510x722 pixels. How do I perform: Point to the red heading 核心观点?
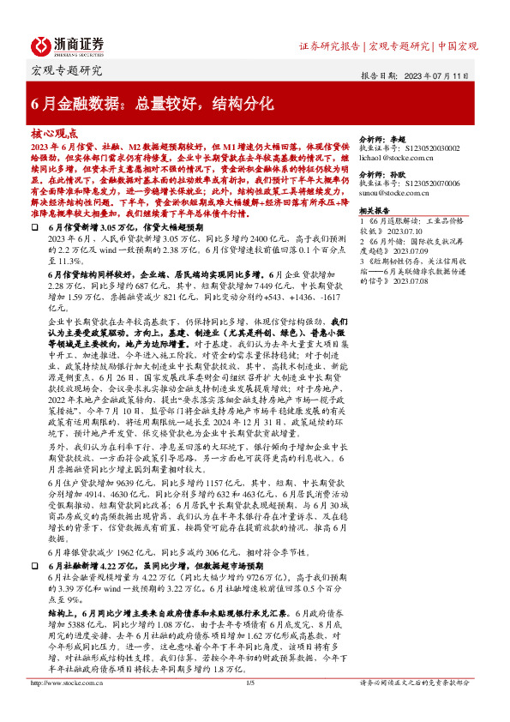[x=54, y=134]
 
